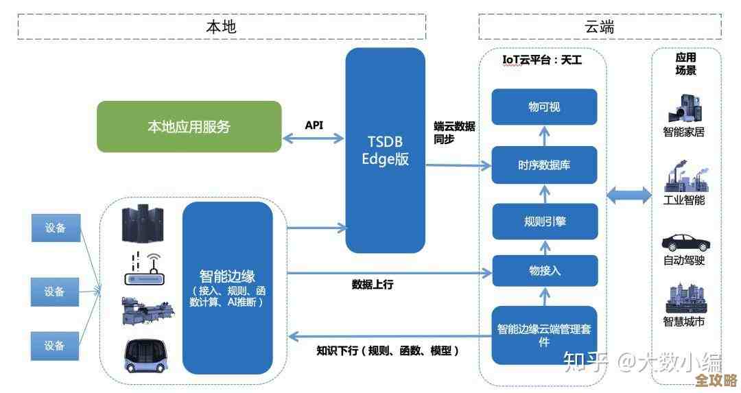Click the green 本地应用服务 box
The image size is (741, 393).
189,126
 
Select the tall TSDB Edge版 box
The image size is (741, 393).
385,150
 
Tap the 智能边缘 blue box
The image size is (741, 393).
228,287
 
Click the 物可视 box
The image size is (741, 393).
544,108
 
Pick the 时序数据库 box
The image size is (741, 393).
544,165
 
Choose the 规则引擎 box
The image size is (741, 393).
544,221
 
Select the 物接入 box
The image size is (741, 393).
544,270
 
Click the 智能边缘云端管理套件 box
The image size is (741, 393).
544,335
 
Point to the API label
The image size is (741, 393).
314,126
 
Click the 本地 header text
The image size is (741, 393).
221,27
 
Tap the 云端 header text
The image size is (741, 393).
599,27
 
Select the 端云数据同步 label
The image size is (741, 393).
454,132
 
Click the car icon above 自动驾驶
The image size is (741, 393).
685,242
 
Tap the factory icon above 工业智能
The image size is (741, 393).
684,176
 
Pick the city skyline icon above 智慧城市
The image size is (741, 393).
684,299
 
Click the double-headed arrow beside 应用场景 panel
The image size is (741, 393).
628,196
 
